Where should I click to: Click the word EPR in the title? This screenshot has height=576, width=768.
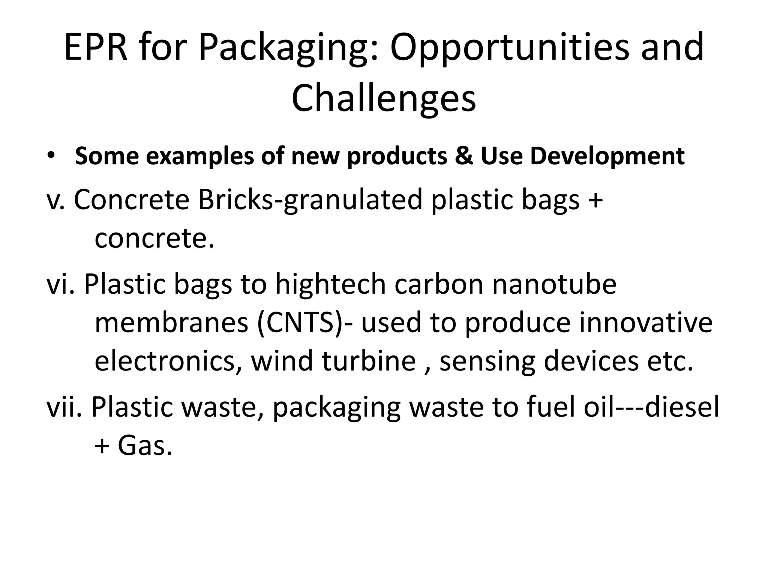pos(96,48)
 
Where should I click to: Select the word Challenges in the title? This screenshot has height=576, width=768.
pos(384,98)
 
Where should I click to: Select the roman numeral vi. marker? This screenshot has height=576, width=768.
pos(61,284)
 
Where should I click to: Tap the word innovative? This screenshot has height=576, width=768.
pos(645,323)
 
